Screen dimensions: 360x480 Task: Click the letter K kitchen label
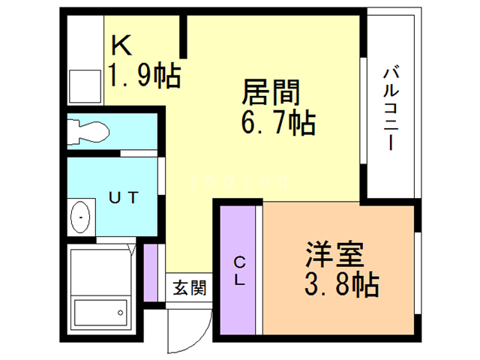122,46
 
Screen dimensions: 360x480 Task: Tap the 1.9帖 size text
145,74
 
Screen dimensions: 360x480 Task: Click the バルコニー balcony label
390,108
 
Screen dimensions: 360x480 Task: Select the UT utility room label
124,198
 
